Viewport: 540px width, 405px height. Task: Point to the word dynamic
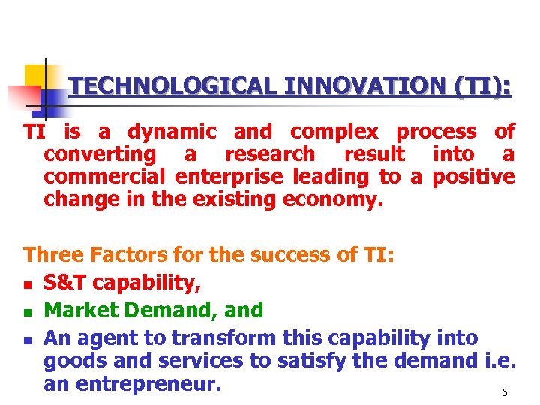tap(172, 132)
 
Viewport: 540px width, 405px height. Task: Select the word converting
tap(100, 155)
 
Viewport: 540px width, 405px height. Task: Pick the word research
tap(270, 154)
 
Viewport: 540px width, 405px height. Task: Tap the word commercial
tap(106, 177)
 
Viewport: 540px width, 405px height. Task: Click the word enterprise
tap(233, 178)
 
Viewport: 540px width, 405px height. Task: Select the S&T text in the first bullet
tap(62, 283)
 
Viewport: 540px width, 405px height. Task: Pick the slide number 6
tap(505, 393)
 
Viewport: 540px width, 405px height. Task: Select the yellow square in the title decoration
tap(35, 76)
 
